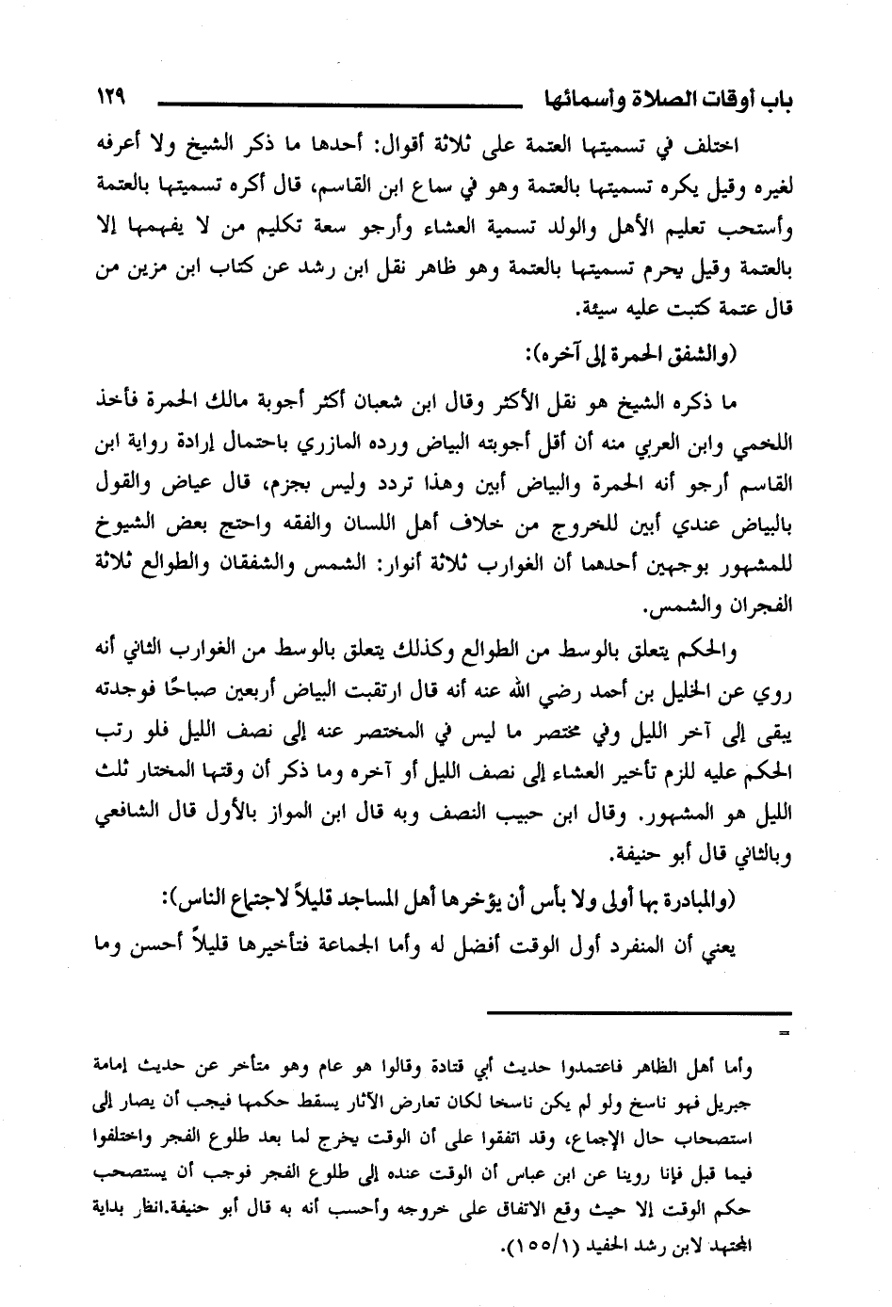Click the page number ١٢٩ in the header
(112, 96)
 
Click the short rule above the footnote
(641, 1014)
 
